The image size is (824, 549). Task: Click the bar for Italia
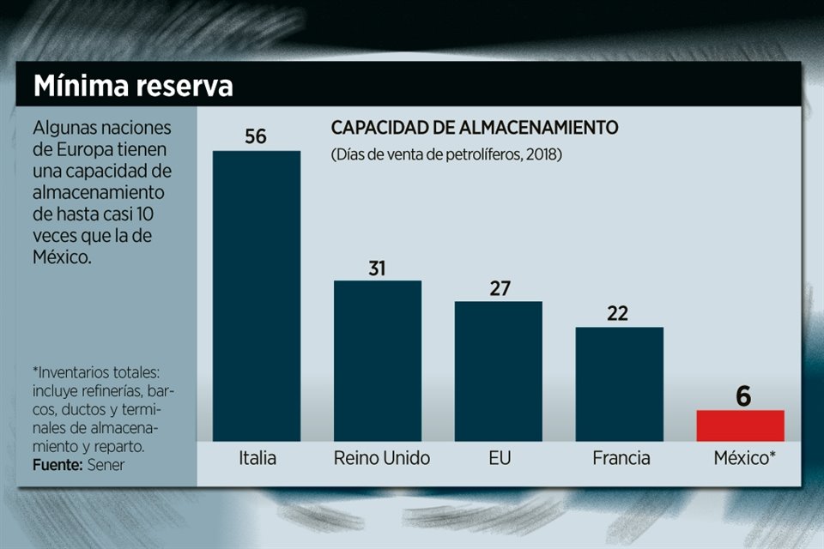tap(257, 296)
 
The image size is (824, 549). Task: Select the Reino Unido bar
tap(378, 360)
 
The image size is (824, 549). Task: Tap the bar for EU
tap(499, 371)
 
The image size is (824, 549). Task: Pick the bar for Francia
tap(620, 383)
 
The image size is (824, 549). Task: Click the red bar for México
tap(740, 425)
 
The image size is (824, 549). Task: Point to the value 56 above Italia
tap(256, 136)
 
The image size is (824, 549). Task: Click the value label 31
tap(377, 268)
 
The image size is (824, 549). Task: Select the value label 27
tap(498, 288)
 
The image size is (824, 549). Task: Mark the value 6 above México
tap(742, 396)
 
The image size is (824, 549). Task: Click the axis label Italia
tap(257, 458)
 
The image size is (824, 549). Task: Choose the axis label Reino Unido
tap(382, 458)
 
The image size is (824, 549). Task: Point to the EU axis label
tap(499, 458)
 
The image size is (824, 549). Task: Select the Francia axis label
tap(621, 458)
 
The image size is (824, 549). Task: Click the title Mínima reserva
tap(133, 87)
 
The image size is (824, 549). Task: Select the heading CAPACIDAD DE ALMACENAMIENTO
tap(475, 129)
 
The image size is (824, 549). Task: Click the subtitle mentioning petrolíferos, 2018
tap(446, 155)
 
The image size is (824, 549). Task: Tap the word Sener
tap(106, 464)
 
